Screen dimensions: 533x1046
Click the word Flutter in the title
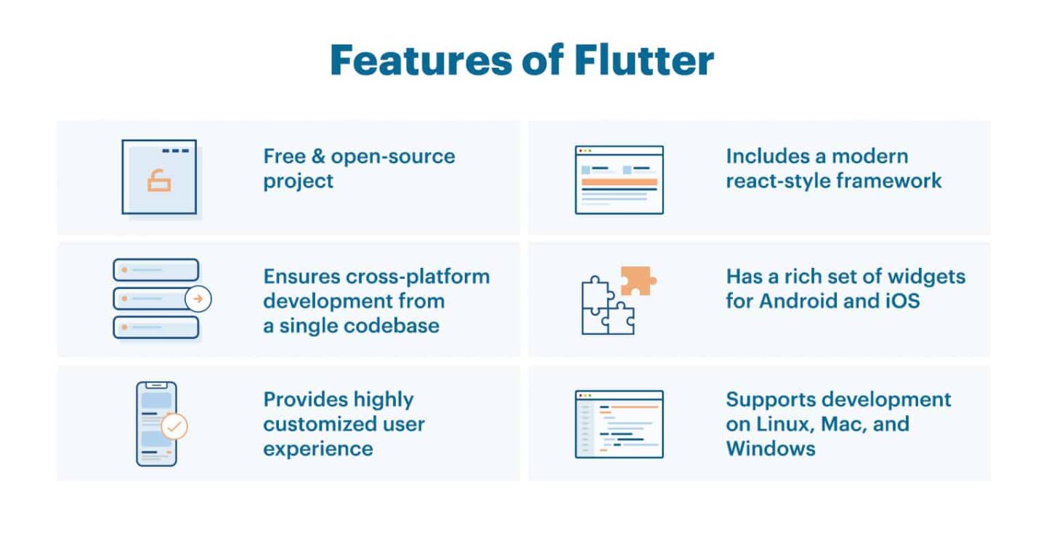pyautogui.click(x=644, y=60)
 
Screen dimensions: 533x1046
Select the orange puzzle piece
pyautogui.click(x=637, y=280)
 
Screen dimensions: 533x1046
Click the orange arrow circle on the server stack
pyautogui.click(x=198, y=298)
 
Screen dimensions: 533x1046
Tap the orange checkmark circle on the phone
pyautogui.click(x=174, y=426)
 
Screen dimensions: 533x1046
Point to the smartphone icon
pyautogui.click(x=156, y=423)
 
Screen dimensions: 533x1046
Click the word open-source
pyautogui.click(x=393, y=156)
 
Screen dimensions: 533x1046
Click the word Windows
pyautogui.click(x=770, y=448)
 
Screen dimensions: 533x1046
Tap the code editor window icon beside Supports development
pyautogui.click(x=619, y=424)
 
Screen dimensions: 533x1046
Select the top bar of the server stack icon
pyautogui.click(x=155, y=270)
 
